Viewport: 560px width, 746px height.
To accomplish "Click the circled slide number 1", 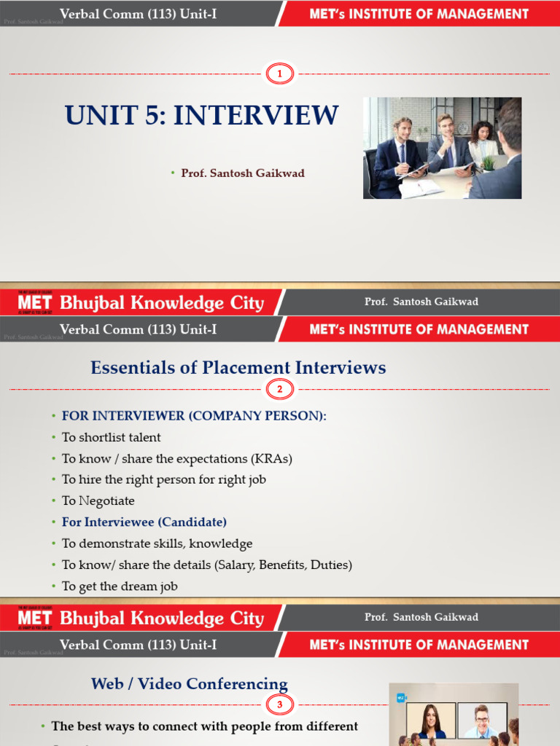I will coord(279,74).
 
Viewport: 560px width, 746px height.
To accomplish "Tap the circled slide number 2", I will coord(279,390).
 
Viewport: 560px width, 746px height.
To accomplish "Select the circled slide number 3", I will coord(279,704).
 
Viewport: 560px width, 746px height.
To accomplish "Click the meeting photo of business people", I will coord(442,148).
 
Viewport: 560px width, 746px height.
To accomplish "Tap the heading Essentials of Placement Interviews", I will coord(238,368).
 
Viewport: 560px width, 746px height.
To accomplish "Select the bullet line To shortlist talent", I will coord(111,437).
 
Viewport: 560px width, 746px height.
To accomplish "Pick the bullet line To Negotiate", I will coord(98,500).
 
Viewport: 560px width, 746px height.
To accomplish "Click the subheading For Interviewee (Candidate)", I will coord(144,522).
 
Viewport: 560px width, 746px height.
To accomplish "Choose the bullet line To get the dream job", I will coord(120,586).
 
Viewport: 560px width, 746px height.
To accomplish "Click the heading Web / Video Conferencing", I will coord(189,683).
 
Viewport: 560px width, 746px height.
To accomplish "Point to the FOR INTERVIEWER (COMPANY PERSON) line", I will coord(194,416).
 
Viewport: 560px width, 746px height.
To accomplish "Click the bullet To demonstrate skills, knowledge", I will coord(157,543).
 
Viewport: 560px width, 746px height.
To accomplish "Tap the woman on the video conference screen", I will coord(431,721).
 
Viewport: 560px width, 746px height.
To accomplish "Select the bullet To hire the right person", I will coord(163,479).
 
